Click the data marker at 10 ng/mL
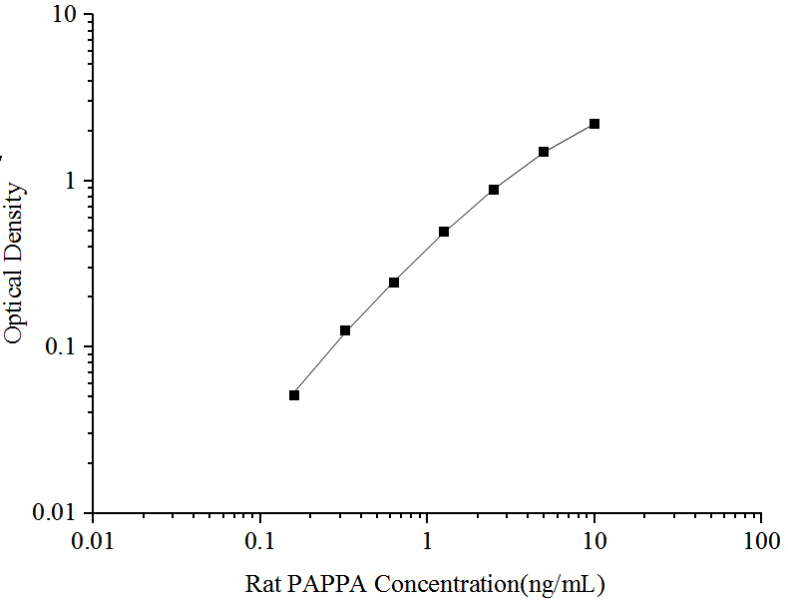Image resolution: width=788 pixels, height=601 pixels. pyautogui.click(x=594, y=124)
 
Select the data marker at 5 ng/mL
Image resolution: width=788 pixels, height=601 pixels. pyautogui.click(x=544, y=152)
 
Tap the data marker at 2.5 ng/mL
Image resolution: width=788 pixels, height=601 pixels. pyautogui.click(x=494, y=190)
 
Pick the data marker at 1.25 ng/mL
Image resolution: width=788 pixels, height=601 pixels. pyautogui.click(x=444, y=232)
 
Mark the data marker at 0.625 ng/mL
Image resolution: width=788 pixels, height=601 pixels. pyautogui.click(x=394, y=283)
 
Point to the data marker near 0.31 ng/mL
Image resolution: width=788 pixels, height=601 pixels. pyautogui.click(x=345, y=330)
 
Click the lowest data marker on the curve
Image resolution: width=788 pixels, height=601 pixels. pyautogui.click(x=294, y=395)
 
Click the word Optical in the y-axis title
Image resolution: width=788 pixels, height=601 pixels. pyautogui.click(x=13, y=308)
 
